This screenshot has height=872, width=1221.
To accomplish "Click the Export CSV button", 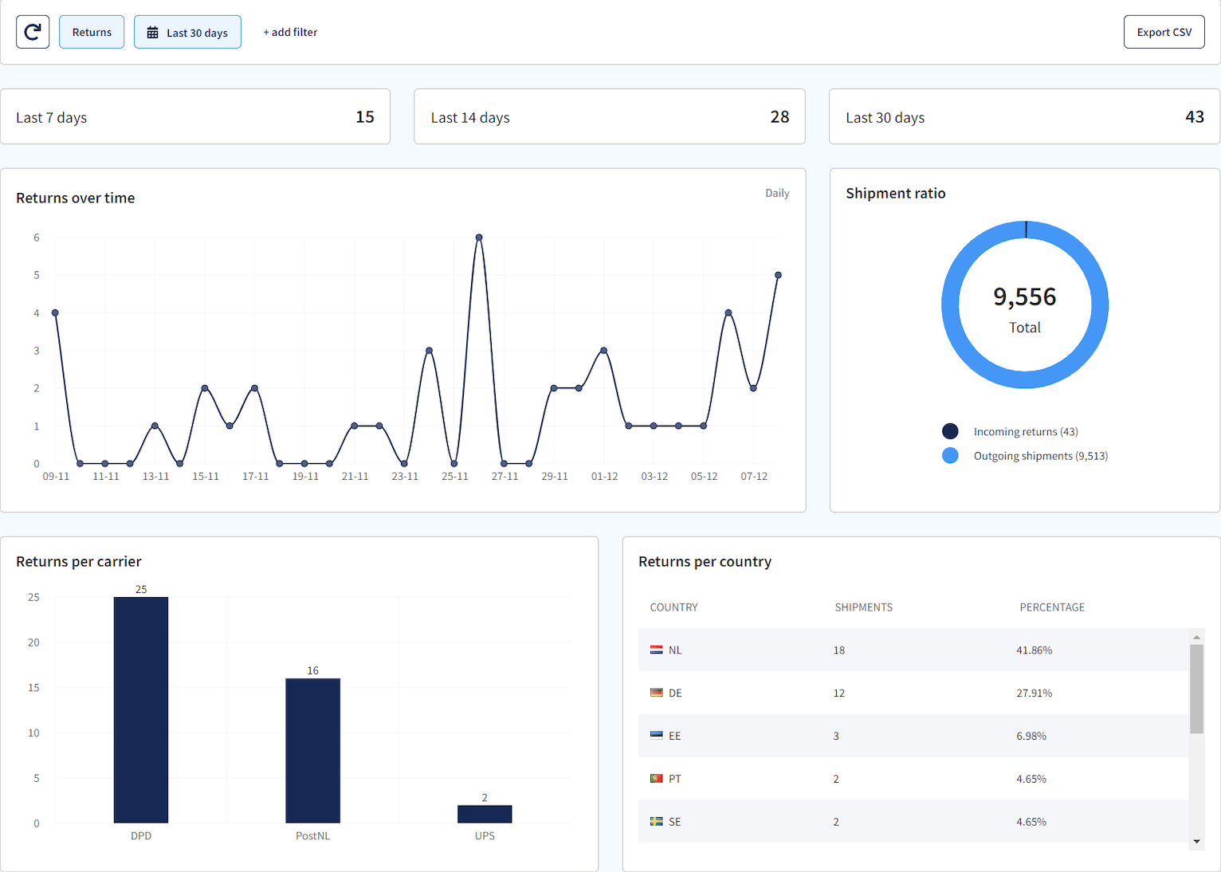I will point(1164,32).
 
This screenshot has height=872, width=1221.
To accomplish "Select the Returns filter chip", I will point(92,32).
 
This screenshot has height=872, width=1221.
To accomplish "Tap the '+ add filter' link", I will point(290,32).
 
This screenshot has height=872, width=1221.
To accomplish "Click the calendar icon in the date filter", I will point(153,33).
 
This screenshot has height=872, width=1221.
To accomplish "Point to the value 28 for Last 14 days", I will point(779,117).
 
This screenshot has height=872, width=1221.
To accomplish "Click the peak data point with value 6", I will point(479,238).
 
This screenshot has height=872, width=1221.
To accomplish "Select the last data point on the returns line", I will point(778,275).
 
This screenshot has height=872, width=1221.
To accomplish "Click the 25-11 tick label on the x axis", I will point(454,477).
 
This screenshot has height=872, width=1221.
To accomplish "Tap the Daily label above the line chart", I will point(777,193).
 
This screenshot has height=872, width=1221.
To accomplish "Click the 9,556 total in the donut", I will point(1024,297).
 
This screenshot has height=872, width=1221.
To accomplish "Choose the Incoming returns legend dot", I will point(950,431).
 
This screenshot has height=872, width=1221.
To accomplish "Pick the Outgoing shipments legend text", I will point(1040,456).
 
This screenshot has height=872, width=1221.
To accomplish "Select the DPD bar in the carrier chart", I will point(141,709).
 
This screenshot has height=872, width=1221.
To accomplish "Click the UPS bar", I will point(485,814).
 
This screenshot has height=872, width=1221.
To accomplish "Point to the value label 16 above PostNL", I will point(313,670).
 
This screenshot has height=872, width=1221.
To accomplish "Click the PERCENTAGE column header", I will point(1052,607).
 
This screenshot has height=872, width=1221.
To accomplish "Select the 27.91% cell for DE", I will point(1034,693).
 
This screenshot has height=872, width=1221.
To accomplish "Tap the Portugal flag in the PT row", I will point(657,779).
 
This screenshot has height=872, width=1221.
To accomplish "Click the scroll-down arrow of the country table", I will point(1196,842).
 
